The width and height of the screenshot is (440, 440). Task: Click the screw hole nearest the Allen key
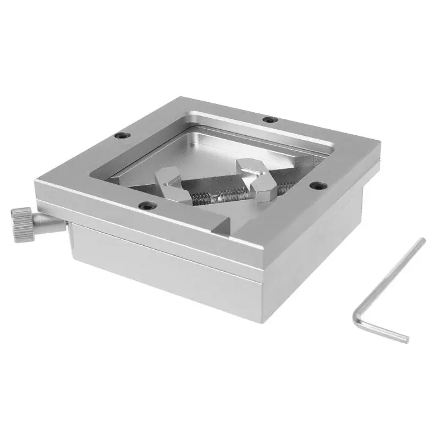[316, 186]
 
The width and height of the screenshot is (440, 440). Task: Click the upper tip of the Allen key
[422, 240]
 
